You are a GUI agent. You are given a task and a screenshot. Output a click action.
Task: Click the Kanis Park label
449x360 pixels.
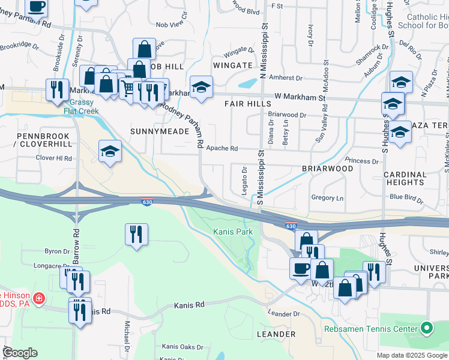[233, 232]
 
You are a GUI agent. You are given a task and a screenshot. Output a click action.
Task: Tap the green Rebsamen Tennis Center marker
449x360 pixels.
[427, 328]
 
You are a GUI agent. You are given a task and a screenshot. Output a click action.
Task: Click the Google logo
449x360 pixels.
[19, 353]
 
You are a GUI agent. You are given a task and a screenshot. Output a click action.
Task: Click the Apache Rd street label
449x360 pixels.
[221, 148]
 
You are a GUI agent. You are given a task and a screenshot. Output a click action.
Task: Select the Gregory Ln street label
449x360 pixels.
[327, 198]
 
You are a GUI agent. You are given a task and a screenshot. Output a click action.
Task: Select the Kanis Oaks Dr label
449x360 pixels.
[182, 347]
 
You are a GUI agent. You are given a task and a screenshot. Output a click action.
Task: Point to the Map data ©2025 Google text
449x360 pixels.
[411, 355]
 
